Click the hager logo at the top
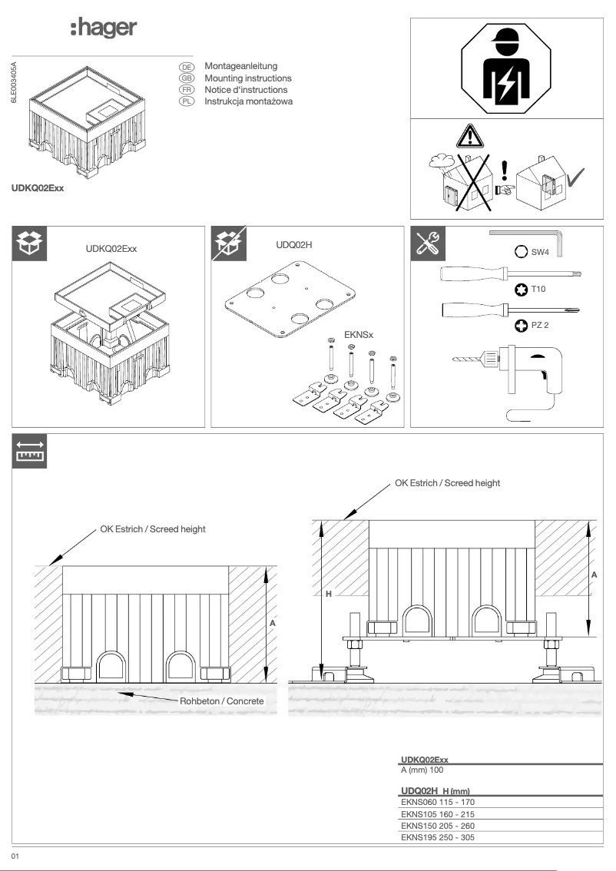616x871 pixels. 103,29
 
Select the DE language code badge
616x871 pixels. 185,68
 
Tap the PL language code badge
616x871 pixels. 185,101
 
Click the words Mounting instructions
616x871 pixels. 247,78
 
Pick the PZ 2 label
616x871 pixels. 541,326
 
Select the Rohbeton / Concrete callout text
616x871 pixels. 222,701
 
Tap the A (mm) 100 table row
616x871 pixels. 422,769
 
